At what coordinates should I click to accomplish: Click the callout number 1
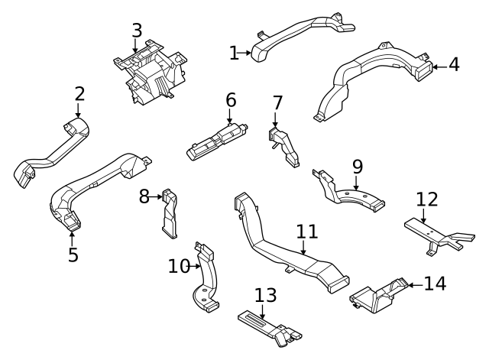pos(234,53)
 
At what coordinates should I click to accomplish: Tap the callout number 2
pos(79,94)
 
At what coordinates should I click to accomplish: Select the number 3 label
pos(136,31)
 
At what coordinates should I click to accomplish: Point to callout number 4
pos(454,65)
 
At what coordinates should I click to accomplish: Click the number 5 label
pos(73,254)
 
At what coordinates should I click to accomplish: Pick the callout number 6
pos(231,99)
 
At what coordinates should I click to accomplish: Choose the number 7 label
pos(277,103)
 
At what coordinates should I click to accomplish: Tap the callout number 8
pos(144,197)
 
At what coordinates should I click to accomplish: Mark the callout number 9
pos(357,167)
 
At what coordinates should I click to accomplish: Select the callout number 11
pos(306,231)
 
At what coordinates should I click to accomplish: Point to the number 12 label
pos(427,199)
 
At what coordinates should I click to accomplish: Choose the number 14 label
pos(434,284)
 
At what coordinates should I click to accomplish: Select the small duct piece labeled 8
pos(170,215)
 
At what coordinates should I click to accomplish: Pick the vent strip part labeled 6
pos(217,141)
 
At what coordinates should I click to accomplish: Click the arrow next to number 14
pos(413,284)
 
